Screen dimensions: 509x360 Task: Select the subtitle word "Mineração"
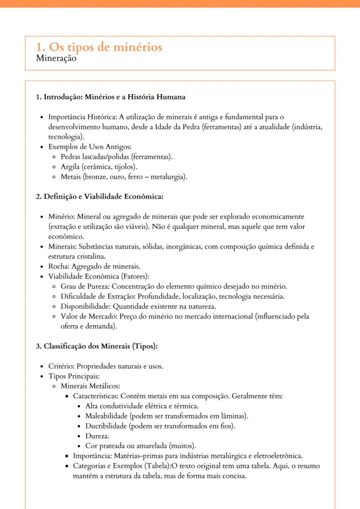[56, 59]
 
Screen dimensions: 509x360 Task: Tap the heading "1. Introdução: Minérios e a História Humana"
[110, 97]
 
